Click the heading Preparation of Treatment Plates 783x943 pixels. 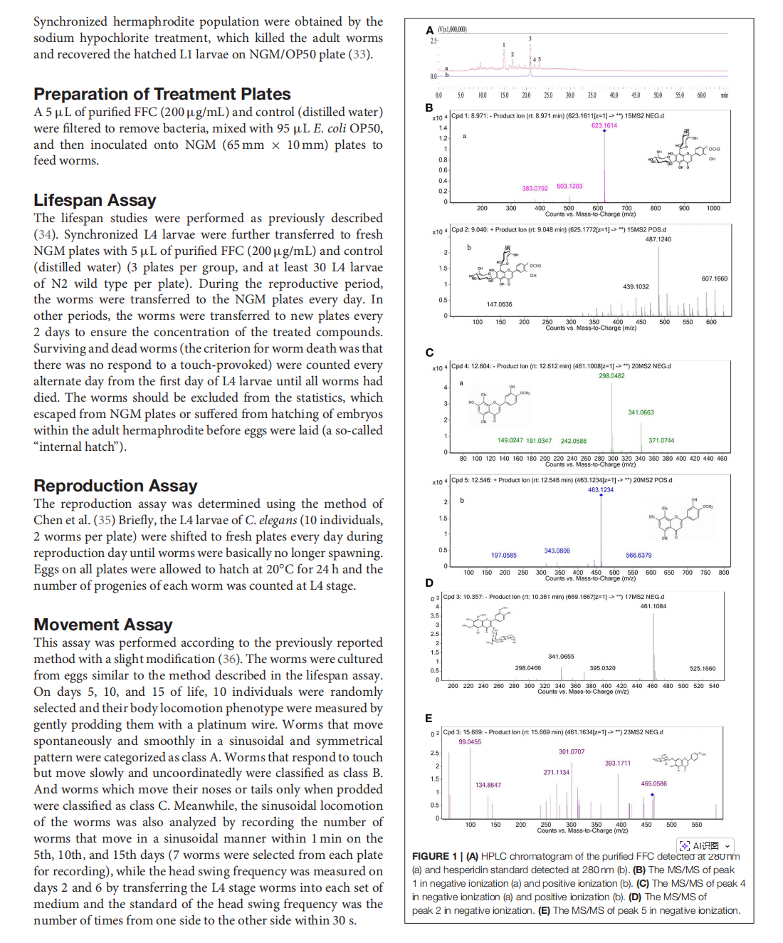pyautogui.click(x=162, y=94)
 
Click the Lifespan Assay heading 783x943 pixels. pyautogui.click(x=95, y=200)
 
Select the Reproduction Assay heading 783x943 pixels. pyautogui.click(x=115, y=486)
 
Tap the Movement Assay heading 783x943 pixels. pyautogui.click(x=103, y=625)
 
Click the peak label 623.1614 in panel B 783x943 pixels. pyautogui.click(x=604, y=125)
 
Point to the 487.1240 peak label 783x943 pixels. pyautogui.click(x=658, y=239)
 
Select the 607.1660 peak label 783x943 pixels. pyautogui.click(x=714, y=278)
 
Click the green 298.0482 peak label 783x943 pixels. pyautogui.click(x=611, y=376)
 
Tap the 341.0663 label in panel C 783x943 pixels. pyautogui.click(x=641, y=412)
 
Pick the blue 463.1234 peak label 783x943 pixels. pyautogui.click(x=600, y=490)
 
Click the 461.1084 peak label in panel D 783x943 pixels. pyautogui.click(x=653, y=606)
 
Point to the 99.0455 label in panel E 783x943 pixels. pyautogui.click(x=470, y=742)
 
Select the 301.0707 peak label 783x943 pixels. pyautogui.click(x=571, y=751)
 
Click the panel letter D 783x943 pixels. pyautogui.click(x=429, y=583)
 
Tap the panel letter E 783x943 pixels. pyautogui.click(x=429, y=718)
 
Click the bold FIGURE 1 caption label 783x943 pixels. pyautogui.click(x=434, y=856)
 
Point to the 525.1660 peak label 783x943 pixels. pyautogui.click(x=703, y=669)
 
